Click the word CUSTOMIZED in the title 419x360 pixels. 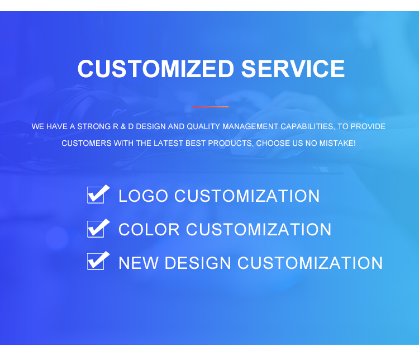156,69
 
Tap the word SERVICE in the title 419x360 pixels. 293,69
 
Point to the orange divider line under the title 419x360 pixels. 210,106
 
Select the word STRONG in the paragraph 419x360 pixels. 94,127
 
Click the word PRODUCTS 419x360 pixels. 231,144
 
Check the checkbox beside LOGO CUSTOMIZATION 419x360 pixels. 97,195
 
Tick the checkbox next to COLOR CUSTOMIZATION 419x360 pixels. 97,229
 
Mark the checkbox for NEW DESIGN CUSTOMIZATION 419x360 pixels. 97,262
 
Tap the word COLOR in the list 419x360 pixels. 149,230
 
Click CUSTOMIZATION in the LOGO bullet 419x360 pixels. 247,196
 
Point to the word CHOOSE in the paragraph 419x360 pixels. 273,144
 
